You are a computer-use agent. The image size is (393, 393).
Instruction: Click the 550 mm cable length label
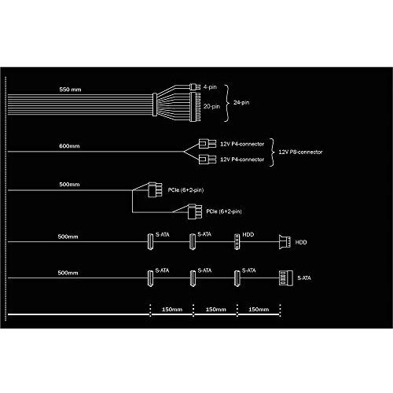tap(70, 90)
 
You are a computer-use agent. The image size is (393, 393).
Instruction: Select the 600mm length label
tap(69, 146)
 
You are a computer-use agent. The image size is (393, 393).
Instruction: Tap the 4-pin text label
tap(210, 87)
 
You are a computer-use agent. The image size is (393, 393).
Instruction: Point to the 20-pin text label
tap(211, 106)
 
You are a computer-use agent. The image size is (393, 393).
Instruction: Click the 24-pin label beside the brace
tap(241, 102)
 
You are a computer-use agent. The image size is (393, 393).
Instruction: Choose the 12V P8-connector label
tap(300, 152)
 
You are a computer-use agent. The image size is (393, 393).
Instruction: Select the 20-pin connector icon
tap(195, 107)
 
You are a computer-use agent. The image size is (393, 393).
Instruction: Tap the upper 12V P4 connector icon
tap(208, 144)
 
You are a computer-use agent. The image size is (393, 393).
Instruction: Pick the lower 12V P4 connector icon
tap(208, 160)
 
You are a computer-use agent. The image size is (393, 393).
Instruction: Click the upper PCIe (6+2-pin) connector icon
tap(155, 189)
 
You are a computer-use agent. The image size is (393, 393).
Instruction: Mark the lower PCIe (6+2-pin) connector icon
tap(195, 211)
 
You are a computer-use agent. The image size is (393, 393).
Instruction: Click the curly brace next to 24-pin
tap(227, 103)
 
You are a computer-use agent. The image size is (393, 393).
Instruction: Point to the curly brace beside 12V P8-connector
tap(272, 152)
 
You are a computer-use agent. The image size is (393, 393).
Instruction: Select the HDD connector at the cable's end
tap(285, 242)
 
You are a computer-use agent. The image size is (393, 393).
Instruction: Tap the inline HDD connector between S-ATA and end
tap(237, 242)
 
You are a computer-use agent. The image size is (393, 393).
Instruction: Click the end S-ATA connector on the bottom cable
tap(286, 278)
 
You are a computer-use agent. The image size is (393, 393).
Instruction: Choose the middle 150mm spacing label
tap(216, 310)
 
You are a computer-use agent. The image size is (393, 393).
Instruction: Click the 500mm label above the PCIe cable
tap(69, 185)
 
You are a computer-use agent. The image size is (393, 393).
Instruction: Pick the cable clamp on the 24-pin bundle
tap(155, 105)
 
